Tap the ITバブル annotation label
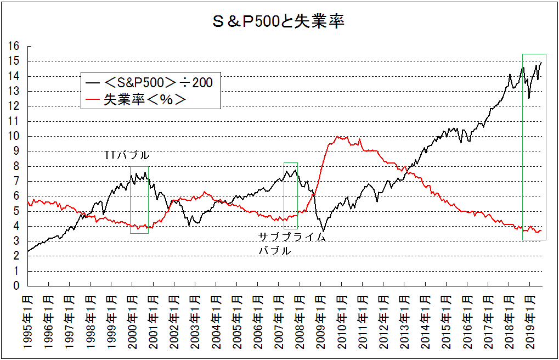(x=127, y=155)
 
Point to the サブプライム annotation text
(x=292, y=237)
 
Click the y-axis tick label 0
(x=17, y=286)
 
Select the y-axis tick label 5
(x=17, y=211)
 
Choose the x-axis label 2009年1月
(x=320, y=321)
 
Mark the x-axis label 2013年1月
(x=404, y=321)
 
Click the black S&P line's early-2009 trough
(x=324, y=230)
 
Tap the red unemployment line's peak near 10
(x=336, y=137)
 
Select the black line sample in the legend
(x=93, y=83)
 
